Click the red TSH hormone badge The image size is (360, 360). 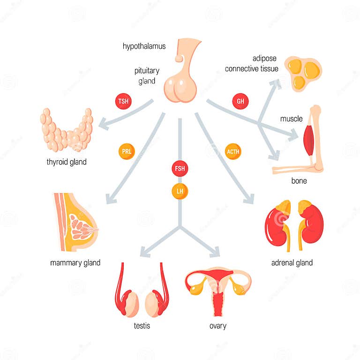click(123, 101)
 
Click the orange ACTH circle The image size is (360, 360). click(233, 151)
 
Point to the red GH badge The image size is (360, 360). click(240, 101)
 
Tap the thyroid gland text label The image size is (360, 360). click(67, 162)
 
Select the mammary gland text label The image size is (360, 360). click(75, 262)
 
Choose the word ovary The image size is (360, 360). click(218, 325)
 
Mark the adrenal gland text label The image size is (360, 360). click(292, 262)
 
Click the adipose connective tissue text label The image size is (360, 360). click(252, 64)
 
